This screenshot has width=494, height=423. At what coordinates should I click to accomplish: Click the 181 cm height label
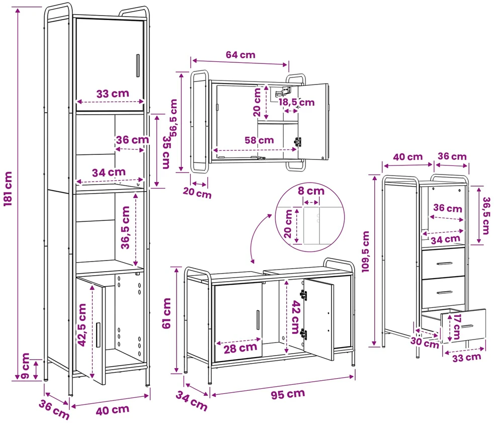8,189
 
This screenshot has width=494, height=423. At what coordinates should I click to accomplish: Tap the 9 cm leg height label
26,366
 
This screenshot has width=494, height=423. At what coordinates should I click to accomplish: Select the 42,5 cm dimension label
82,325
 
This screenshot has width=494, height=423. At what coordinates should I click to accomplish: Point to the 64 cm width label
240,55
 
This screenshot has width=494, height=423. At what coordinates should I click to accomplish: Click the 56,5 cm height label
173,118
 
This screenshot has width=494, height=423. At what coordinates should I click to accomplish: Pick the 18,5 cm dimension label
296,102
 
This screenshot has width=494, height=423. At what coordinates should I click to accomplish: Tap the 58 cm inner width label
259,140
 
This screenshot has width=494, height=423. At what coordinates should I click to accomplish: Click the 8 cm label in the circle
311,191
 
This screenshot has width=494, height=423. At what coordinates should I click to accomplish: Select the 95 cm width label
288,394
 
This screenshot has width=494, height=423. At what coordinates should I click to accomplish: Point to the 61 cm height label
167,313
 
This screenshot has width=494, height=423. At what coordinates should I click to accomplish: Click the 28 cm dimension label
240,349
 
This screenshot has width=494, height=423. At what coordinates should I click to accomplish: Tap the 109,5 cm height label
365,251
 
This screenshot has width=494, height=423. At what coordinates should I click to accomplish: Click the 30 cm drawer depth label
425,343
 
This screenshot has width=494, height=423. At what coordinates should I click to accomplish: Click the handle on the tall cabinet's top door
138,65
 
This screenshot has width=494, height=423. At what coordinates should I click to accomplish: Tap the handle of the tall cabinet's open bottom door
98,335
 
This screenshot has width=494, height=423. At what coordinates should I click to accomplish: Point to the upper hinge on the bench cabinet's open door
303,295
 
